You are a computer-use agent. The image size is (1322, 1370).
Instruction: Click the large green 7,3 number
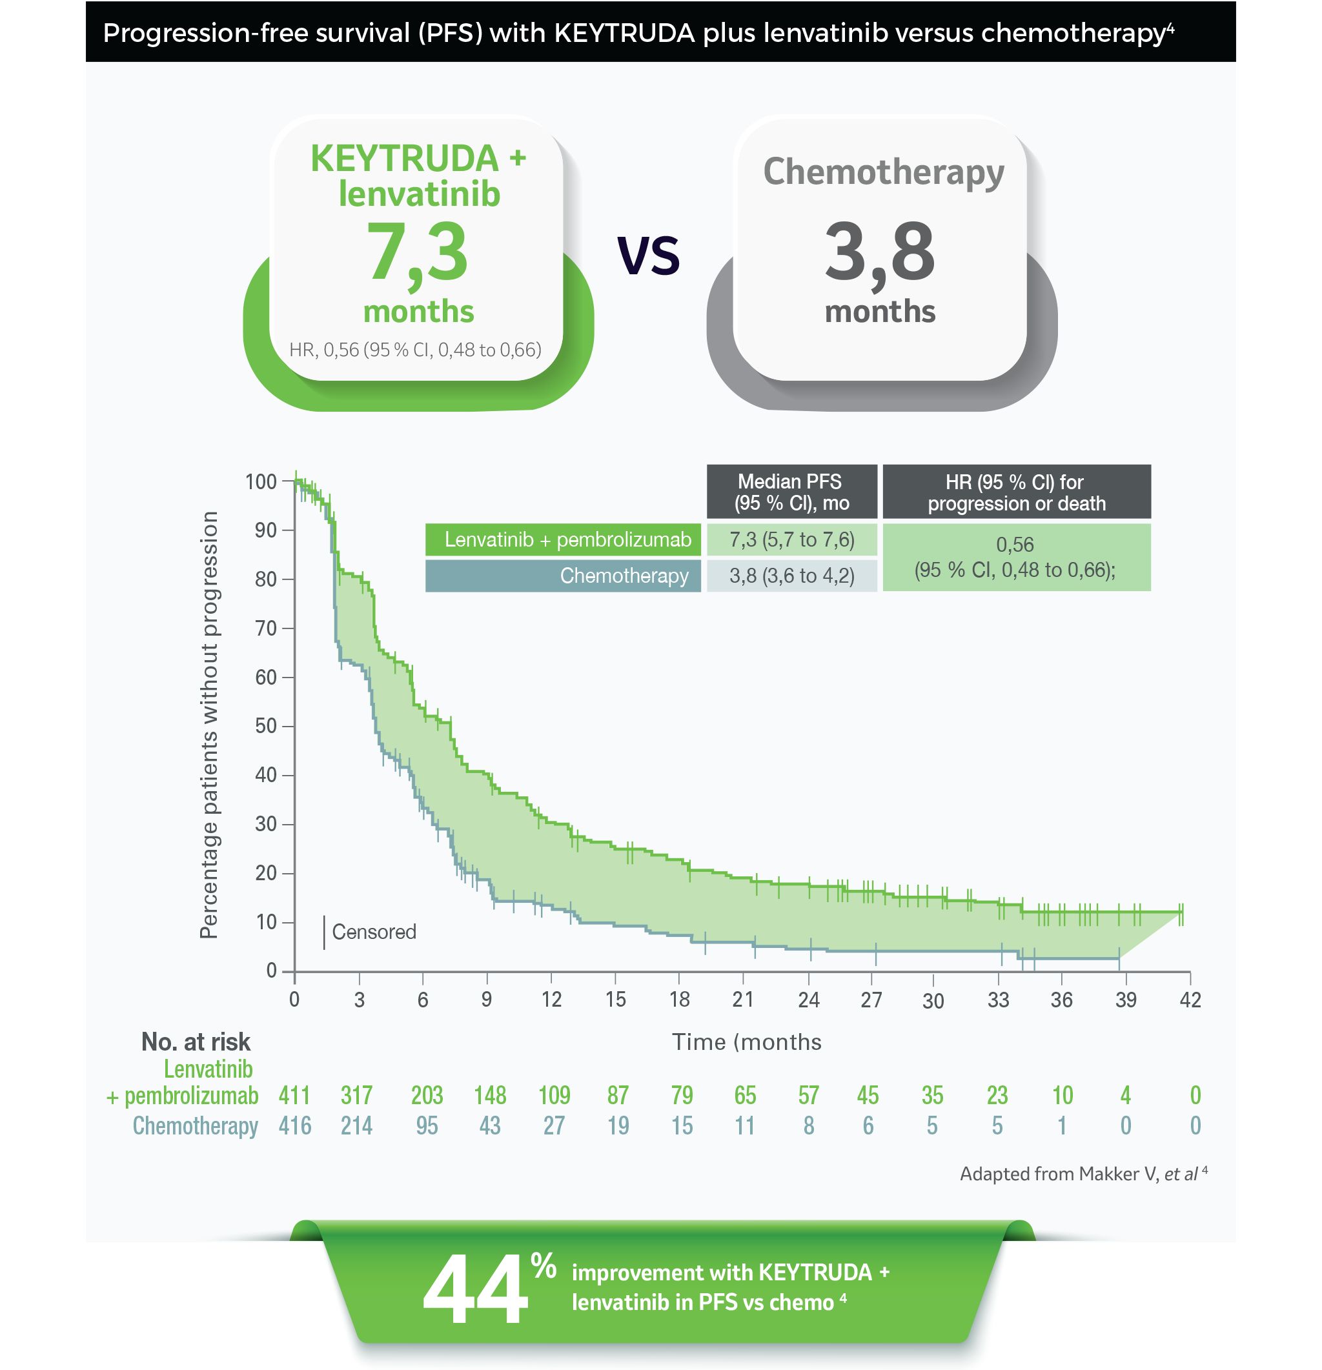[x=416, y=253]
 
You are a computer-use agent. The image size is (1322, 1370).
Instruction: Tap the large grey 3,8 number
[x=879, y=253]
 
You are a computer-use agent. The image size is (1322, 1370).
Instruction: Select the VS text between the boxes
[x=648, y=255]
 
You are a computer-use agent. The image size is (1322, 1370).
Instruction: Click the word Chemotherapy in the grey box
[x=883, y=172]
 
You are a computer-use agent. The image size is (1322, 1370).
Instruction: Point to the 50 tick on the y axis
[x=267, y=725]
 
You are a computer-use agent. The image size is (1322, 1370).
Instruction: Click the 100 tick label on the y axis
[x=261, y=481]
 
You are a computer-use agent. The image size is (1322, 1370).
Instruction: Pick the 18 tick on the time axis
[x=680, y=1000]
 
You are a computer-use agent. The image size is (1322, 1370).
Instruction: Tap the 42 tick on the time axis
[x=1190, y=1000]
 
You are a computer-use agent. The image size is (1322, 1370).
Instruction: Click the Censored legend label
[x=374, y=932]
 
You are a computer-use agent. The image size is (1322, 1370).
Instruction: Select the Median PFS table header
[x=791, y=492]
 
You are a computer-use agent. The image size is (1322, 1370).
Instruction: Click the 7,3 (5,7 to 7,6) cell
[x=791, y=539]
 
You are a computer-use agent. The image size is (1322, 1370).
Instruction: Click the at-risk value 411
[x=294, y=1094]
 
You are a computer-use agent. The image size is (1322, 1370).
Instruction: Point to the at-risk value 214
[x=356, y=1125]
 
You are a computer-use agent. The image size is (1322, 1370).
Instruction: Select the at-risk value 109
[x=554, y=1094]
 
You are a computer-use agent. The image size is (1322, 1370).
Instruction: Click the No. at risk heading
[x=196, y=1042]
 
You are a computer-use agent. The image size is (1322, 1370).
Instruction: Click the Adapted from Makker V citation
[x=1083, y=1174]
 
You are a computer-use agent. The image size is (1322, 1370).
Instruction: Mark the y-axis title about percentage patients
[x=208, y=724]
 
